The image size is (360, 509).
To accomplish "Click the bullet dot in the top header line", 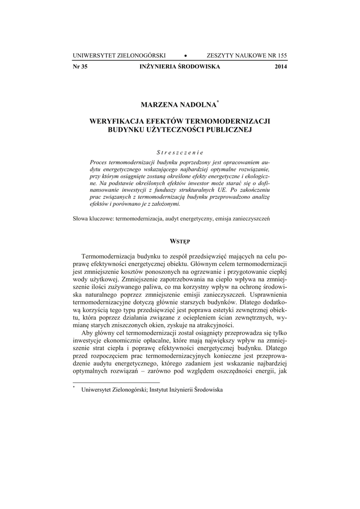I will click(x=185, y=55).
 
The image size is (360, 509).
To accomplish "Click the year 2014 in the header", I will click(x=280, y=67).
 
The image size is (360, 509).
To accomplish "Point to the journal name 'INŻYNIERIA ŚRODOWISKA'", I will click(x=180, y=67).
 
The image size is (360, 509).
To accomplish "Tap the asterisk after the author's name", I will click(x=217, y=102).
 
